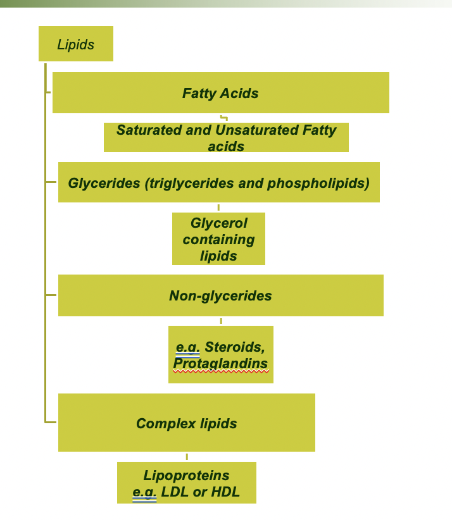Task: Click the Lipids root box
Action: pos(76,44)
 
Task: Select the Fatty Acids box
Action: pos(220,93)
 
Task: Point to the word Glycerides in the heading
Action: pos(104,183)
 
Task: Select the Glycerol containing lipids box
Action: pos(218,239)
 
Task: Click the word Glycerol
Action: pos(219,223)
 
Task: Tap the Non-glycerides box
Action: pos(220,295)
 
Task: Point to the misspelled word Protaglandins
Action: pos(220,364)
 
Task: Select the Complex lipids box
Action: pos(187,423)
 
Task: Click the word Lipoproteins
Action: pos(187,475)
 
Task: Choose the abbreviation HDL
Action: pos(226,492)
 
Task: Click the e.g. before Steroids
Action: pos(188,347)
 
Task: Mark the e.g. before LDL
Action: pos(144,492)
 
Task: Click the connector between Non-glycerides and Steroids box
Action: pos(221,321)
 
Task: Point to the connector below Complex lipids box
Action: pos(187,456)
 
